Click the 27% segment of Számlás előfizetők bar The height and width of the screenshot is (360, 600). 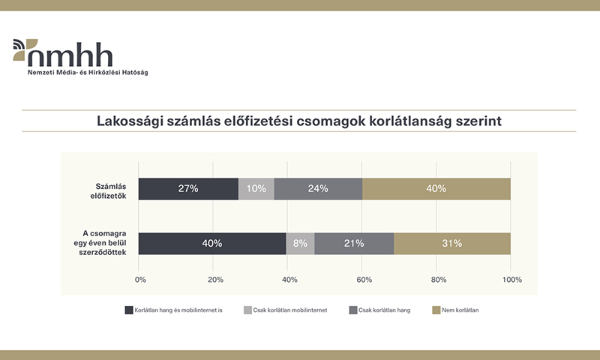(188, 189)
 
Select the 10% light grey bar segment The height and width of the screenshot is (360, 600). (256, 189)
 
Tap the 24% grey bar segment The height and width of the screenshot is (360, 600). (318, 189)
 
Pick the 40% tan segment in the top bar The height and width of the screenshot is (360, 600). (436, 189)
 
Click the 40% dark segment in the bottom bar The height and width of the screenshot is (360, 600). (213, 243)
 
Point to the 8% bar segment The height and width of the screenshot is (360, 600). (301, 243)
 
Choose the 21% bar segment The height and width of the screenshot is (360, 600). (354, 243)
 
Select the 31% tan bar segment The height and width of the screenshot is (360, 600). (451, 243)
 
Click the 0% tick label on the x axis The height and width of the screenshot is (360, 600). (140, 279)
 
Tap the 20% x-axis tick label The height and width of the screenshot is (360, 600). (214, 279)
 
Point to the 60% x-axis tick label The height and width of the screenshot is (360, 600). (363, 279)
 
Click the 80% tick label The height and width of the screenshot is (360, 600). (437, 279)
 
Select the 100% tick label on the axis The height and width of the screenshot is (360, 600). (511, 279)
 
